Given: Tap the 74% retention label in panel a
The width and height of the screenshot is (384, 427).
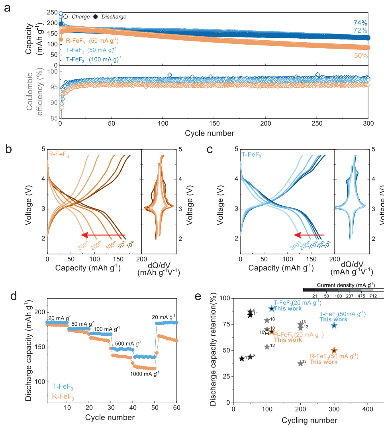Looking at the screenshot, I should (x=360, y=23).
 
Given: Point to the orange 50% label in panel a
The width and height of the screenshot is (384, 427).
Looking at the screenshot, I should (x=360, y=56).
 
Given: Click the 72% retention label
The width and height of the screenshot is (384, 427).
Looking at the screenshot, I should (x=360, y=31).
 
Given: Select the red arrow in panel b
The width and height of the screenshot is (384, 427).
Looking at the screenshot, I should (x=103, y=235).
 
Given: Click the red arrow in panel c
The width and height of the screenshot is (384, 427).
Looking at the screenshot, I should (x=309, y=235).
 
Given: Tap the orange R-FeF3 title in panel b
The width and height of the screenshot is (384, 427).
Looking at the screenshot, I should (x=58, y=154).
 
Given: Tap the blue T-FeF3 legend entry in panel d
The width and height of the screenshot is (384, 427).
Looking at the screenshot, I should (x=63, y=386).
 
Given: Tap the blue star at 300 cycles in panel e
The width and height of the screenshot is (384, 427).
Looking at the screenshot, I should (x=334, y=325).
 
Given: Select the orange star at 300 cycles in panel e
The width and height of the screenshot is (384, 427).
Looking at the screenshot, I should (x=334, y=350).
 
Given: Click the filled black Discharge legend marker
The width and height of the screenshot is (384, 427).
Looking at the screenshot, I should (x=96, y=17).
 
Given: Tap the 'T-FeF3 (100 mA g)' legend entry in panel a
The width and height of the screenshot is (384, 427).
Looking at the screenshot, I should (x=94, y=60).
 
